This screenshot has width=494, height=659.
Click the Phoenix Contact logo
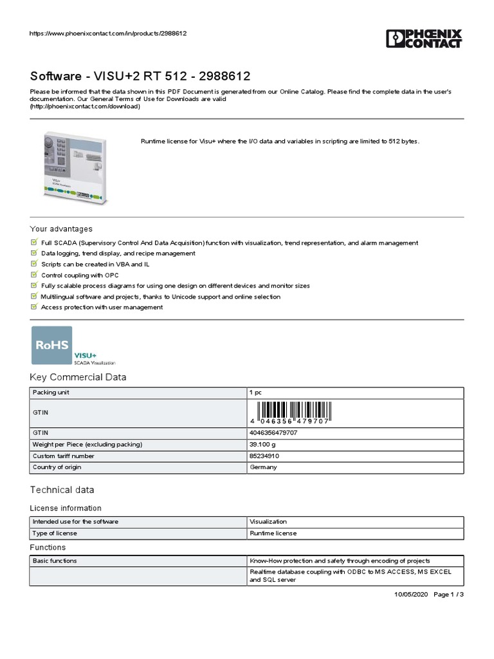[x=424, y=39]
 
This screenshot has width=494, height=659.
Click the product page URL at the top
[x=109, y=33]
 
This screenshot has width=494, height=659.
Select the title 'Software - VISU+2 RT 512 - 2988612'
[x=140, y=76]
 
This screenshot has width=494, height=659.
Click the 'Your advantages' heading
[x=61, y=229]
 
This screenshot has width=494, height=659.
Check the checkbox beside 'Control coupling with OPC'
[x=34, y=275]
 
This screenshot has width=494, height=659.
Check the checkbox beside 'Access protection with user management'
[x=34, y=307]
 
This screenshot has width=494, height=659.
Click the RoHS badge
[x=52, y=346]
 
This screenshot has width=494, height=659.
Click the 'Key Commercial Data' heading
[x=78, y=378]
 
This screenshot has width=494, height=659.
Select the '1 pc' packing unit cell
[x=255, y=392]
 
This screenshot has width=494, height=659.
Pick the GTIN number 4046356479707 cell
[x=273, y=433]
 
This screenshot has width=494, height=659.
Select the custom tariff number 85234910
[x=264, y=456]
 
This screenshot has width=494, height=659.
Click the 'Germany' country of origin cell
[x=263, y=467]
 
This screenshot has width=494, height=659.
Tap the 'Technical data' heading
[x=62, y=490]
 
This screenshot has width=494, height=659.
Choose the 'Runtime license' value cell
[x=273, y=533]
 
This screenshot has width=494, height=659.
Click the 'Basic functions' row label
[x=55, y=561]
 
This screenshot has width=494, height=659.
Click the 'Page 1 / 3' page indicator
[x=449, y=594]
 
